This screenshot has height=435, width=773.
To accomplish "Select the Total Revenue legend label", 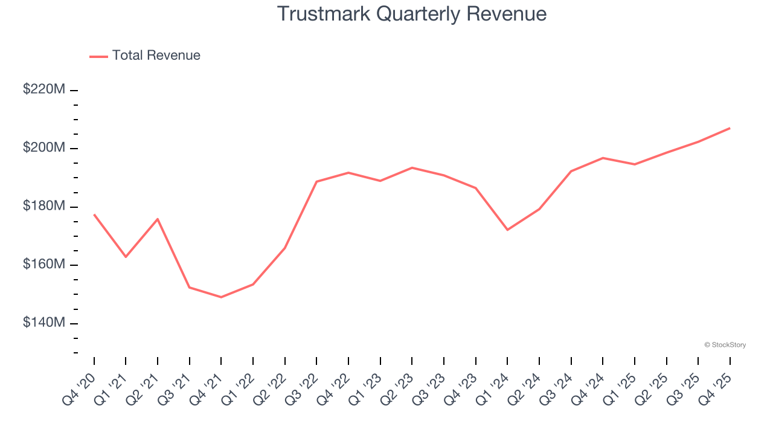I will [x=156, y=56].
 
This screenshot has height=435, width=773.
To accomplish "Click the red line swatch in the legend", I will [x=98, y=56].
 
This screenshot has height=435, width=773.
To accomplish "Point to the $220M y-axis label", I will [x=44, y=89].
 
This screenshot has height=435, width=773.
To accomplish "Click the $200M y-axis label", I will [x=44, y=148].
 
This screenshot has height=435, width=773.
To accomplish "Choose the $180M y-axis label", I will [x=44, y=206].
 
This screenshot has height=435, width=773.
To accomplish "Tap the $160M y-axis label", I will [x=44, y=265].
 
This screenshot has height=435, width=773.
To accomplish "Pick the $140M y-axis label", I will [x=44, y=323].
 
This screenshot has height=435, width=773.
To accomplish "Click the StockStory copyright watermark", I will [x=725, y=345].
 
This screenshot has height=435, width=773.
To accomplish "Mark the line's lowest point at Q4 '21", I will [x=221, y=297].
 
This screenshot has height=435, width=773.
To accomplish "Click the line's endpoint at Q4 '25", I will [x=730, y=128].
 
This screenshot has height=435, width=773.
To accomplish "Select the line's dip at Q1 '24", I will [x=507, y=230].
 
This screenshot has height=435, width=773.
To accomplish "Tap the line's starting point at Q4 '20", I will [x=94, y=214].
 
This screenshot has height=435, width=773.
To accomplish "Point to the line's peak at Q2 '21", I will [x=158, y=219].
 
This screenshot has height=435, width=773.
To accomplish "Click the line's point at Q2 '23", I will [x=412, y=167].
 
